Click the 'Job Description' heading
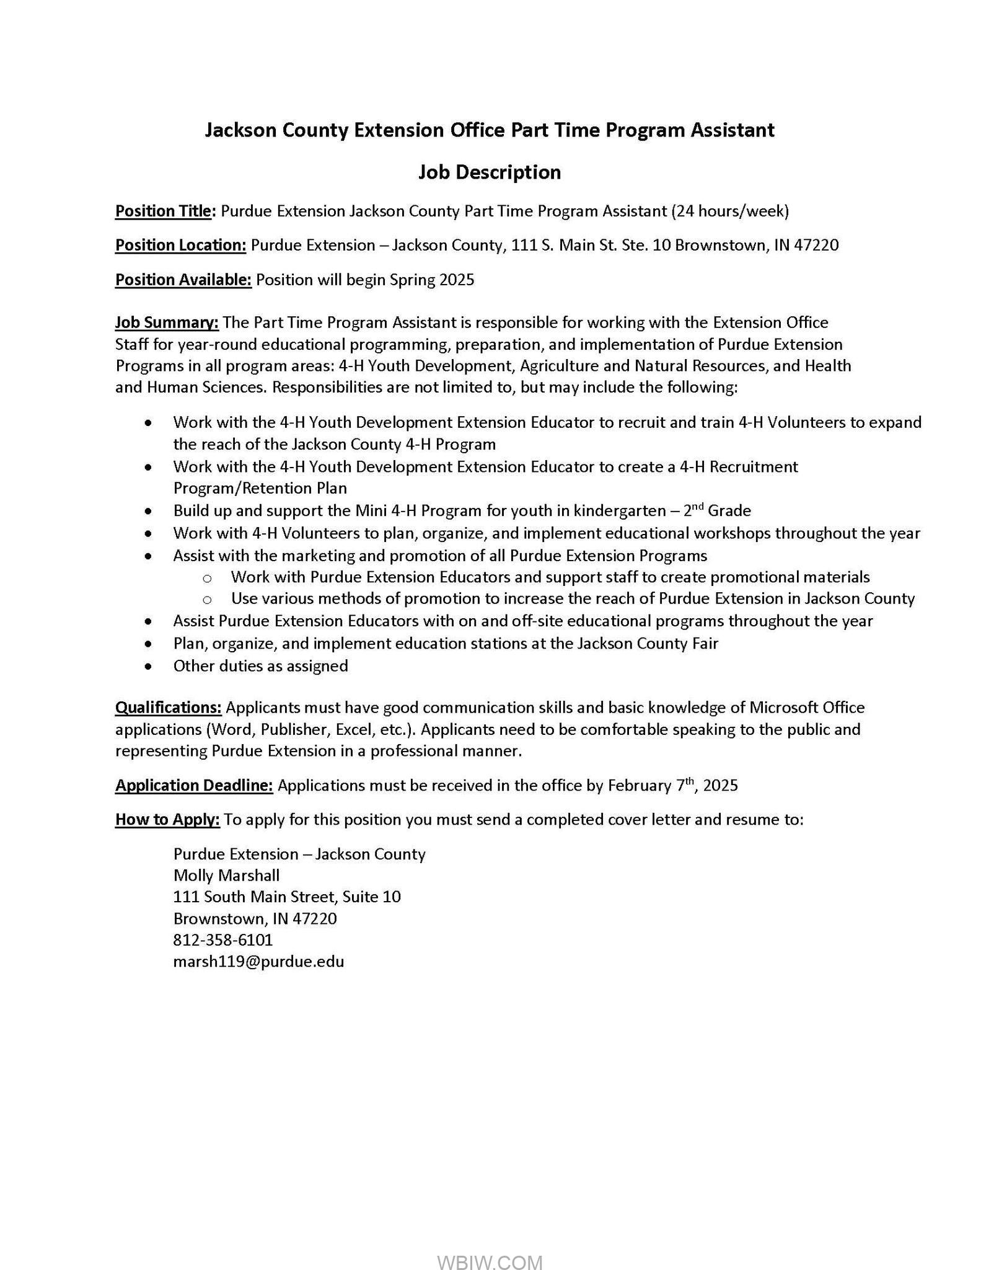(x=490, y=172)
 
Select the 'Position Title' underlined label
(x=164, y=211)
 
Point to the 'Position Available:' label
(x=183, y=280)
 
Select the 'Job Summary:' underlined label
(x=167, y=322)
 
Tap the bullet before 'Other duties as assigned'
(x=147, y=667)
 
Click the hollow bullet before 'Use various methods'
(x=207, y=600)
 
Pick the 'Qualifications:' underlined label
(x=169, y=708)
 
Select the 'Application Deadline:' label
(x=194, y=786)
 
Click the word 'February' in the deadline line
(x=640, y=786)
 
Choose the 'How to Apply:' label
(x=167, y=820)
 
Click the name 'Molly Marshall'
(x=226, y=876)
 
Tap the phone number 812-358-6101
(x=223, y=940)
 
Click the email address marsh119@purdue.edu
(x=258, y=962)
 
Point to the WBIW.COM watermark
(x=490, y=1245)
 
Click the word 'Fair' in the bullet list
(x=703, y=644)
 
